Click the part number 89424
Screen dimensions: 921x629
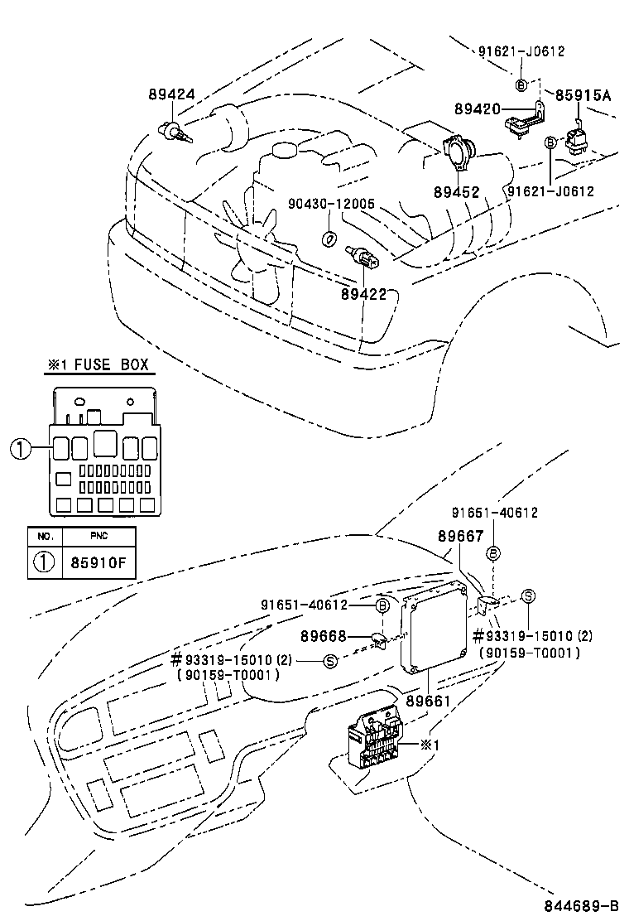172,95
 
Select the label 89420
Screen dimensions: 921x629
477,108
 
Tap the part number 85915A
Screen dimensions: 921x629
583,95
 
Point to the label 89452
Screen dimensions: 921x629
456,192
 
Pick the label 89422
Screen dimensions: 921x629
364,293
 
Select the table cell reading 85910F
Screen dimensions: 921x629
98,562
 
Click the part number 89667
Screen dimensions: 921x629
460,537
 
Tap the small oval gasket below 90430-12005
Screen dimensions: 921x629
329,239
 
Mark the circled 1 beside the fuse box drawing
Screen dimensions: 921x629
21,449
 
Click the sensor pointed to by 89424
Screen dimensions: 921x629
171,130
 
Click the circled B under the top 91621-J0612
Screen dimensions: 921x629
521,84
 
